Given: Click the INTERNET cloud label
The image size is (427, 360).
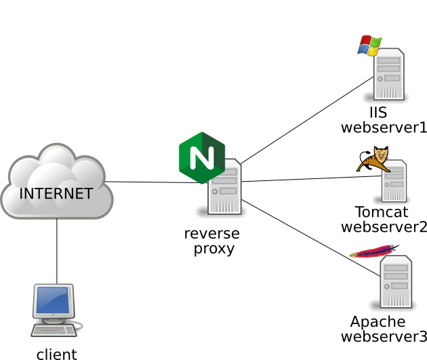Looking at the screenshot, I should pos(56,193).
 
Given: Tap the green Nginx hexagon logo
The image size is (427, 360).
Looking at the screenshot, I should pos(201,157).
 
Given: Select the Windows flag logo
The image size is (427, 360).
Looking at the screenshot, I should pos(369,45).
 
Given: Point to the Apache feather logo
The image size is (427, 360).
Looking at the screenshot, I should pos(373,252).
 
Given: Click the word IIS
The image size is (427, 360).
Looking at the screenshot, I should pos(378,113).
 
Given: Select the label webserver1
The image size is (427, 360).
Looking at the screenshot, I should pos(384,127).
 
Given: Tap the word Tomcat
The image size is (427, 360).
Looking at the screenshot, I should pos(381,212).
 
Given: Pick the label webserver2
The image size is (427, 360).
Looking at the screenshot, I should pos(384,226).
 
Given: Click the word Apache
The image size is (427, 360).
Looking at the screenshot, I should pos(378,321).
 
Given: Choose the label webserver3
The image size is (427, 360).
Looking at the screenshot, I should pos(384,337).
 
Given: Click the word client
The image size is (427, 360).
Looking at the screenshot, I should pos(56,354).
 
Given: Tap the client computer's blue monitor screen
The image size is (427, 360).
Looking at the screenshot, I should pos(53,300).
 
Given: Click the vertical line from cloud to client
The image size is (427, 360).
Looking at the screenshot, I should pos(57,251).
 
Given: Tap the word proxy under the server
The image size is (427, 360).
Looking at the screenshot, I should pos(213,249).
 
